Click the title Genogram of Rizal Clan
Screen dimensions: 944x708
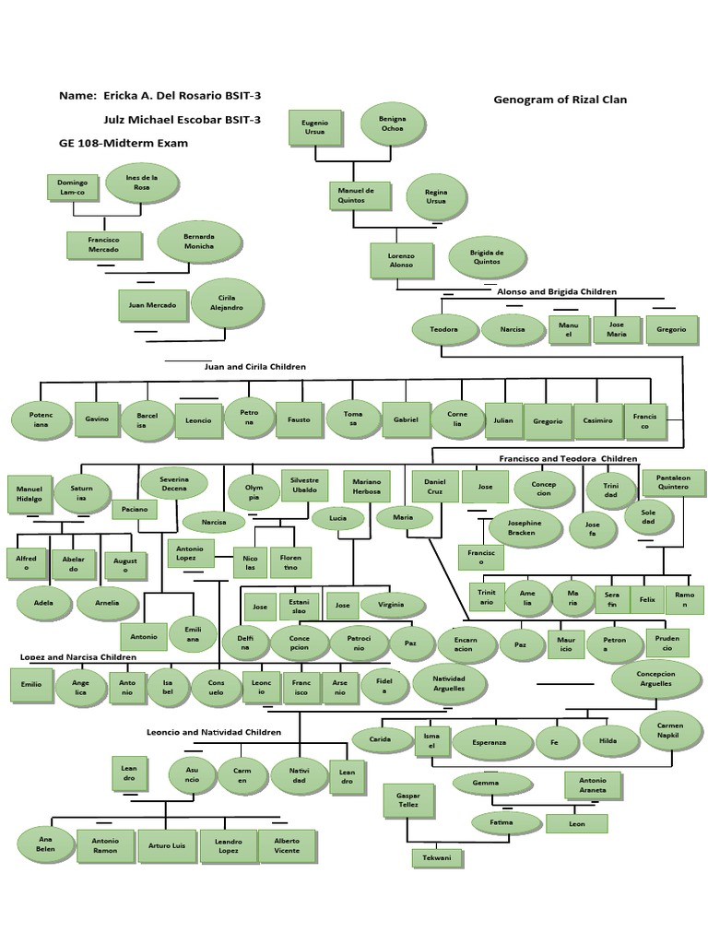[x=560, y=100]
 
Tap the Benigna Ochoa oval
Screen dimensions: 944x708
[x=394, y=124]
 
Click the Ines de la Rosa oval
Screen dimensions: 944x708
[x=141, y=181]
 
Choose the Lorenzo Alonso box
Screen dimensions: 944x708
[x=401, y=260]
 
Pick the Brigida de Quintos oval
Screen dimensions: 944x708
[x=487, y=256]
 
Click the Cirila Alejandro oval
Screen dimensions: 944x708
[x=228, y=303]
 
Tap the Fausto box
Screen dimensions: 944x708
[x=300, y=419]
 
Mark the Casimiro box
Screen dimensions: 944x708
[x=597, y=420]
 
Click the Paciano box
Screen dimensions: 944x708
[x=135, y=507]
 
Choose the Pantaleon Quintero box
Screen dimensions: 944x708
[x=673, y=482]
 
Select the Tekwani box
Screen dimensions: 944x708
[x=437, y=858]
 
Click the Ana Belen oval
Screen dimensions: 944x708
[x=45, y=844]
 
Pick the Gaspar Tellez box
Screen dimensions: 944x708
[x=408, y=799]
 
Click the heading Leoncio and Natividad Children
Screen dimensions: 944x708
[x=214, y=732]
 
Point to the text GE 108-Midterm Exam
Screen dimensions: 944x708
[x=124, y=143]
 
